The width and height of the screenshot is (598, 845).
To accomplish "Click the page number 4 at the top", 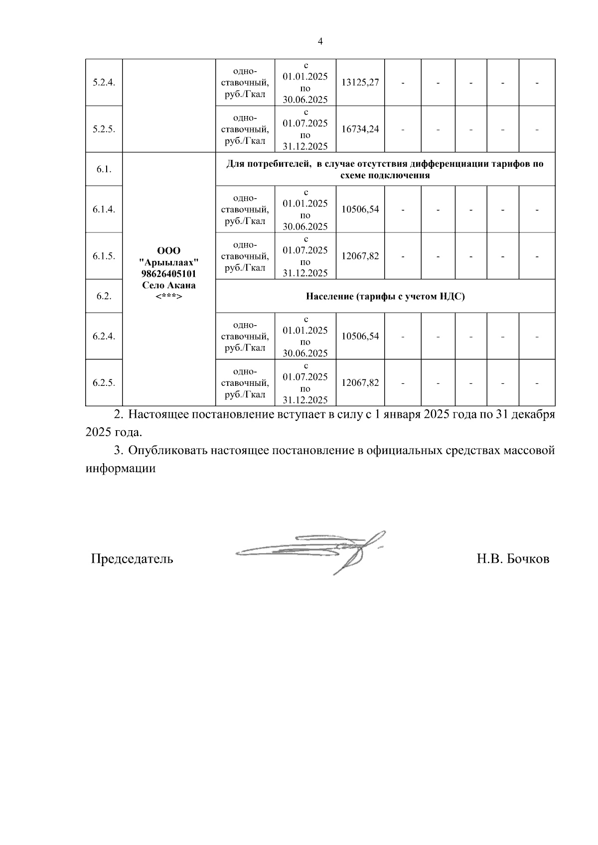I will (320, 42).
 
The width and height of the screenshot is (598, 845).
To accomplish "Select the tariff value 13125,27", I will (360, 82).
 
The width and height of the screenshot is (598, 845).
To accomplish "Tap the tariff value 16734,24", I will (360, 129).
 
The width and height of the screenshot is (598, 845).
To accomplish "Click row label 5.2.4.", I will (104, 82).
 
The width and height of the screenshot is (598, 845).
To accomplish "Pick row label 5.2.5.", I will (104, 129).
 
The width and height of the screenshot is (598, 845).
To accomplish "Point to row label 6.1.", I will (104, 169).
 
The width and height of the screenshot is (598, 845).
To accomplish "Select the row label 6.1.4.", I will (104, 209).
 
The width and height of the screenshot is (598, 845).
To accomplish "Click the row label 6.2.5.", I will (104, 383).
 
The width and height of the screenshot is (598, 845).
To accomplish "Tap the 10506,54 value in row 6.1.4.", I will (360, 209).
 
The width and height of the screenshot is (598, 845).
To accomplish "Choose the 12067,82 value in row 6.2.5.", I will (360, 383).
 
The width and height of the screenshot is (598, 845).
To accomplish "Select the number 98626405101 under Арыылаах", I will (168, 274).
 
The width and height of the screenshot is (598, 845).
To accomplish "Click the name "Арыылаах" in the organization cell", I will (168, 262).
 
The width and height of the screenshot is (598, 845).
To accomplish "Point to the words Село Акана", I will (168, 285).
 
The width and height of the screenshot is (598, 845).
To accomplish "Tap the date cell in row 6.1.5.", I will (305, 256).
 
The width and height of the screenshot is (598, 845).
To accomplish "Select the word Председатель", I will (132, 559).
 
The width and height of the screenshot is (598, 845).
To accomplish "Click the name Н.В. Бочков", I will (513, 559).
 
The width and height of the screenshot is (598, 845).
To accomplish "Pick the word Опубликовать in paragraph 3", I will (167, 451).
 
